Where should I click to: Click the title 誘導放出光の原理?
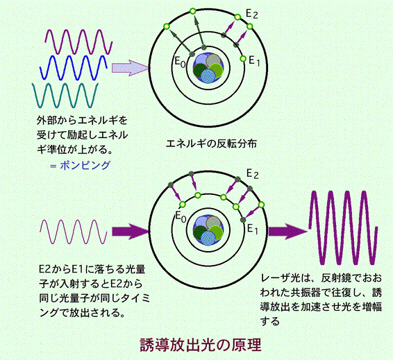(200, 345)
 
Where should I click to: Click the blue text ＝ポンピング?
(80, 166)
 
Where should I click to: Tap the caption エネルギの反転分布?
(211, 144)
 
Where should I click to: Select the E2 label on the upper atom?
(251, 14)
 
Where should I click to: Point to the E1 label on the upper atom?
(254, 61)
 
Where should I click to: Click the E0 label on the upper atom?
(181, 62)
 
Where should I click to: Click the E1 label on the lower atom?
(253, 229)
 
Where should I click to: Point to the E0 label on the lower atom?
(181, 216)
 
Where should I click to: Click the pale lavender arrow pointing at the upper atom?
(131, 68)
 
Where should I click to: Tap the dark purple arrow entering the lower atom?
(131, 232)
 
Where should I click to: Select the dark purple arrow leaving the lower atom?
(288, 232)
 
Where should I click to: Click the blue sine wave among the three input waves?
(74, 67)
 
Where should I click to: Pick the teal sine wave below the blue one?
(65, 96)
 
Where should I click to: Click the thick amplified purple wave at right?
(343, 228)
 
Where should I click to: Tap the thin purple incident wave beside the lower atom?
(74, 232)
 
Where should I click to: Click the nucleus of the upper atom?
(208, 67)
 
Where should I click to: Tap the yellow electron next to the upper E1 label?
(243, 58)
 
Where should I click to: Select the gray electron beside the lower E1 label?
(242, 220)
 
